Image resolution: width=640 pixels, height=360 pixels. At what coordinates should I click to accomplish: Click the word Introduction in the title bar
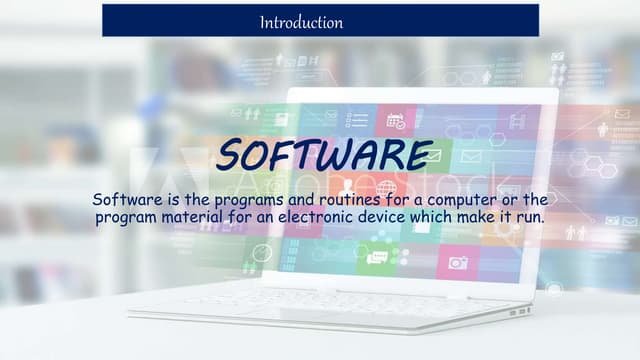coord(301,21)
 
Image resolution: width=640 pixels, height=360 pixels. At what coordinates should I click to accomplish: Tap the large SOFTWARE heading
coord(325,154)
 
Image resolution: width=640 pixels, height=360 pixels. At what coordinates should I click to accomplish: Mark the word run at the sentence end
coord(527,214)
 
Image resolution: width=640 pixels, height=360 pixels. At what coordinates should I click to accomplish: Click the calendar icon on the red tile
coord(395,120)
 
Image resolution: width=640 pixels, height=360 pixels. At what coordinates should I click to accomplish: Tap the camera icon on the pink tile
coord(458,263)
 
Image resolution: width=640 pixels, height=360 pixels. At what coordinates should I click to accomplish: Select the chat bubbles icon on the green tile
coord(377,258)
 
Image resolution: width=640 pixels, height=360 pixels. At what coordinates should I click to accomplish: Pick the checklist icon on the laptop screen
coord(356,120)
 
